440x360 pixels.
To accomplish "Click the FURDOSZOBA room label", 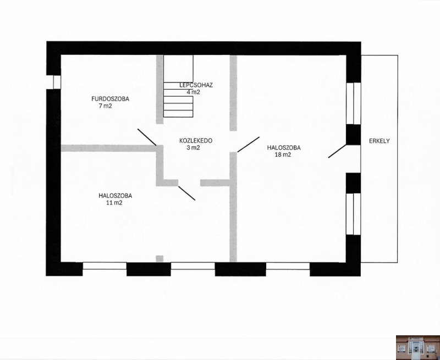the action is point(111,99).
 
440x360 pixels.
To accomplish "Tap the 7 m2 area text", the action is point(105,106).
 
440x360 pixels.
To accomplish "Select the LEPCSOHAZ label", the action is point(196,85).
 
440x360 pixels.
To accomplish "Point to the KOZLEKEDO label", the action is point(196,141).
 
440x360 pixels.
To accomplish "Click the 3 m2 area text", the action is point(193,147).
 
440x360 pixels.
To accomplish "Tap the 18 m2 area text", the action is point(283,154).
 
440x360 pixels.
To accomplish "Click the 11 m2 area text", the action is point(114,203).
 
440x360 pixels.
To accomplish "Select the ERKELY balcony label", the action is point(380,141).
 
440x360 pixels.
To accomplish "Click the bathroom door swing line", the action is point(147,137).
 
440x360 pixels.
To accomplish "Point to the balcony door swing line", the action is point(337,151).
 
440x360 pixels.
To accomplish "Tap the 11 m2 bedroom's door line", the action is point(186,193).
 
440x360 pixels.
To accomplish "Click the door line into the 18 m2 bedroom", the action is point(249,145).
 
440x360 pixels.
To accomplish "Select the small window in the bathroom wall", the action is point(57,82).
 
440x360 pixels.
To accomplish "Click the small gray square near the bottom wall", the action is point(159,258).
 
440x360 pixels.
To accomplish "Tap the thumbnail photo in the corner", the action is point(418,347).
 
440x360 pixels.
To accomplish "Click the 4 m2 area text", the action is point(193,92).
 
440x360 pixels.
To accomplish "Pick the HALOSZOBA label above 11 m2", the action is point(115,196).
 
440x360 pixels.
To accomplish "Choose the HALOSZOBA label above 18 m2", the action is point(284,147).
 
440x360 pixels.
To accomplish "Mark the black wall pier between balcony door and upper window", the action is point(353,135).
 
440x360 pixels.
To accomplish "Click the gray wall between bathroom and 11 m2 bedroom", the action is point(108,148).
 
